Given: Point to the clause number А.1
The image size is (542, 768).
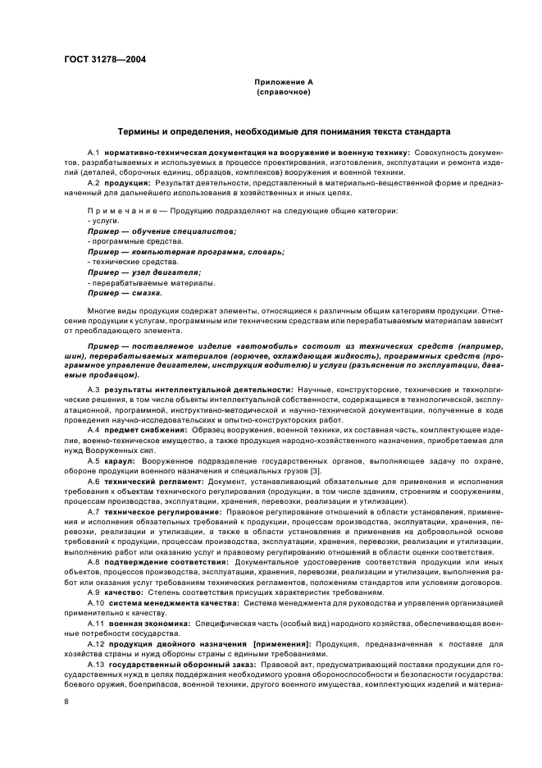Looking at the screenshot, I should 93,153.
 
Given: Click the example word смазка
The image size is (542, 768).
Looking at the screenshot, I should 148,292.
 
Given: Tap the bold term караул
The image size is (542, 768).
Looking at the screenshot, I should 120,461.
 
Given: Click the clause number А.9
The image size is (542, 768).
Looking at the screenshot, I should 93,592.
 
